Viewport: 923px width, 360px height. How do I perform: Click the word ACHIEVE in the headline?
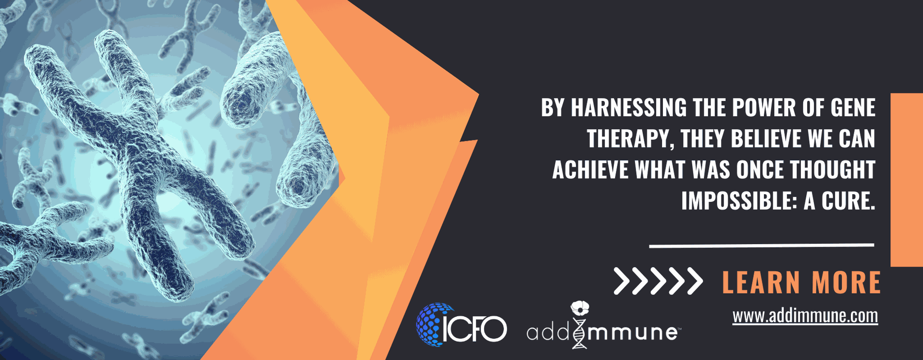point(590,170)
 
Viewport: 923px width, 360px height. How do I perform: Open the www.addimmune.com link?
point(805,316)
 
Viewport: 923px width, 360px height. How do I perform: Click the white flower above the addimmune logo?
point(580,308)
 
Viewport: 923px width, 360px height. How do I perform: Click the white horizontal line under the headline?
point(761,246)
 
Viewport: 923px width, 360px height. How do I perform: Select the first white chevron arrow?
point(622,281)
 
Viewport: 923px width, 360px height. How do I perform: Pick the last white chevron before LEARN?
point(695,281)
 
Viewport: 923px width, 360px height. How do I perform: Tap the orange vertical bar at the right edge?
point(907,180)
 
